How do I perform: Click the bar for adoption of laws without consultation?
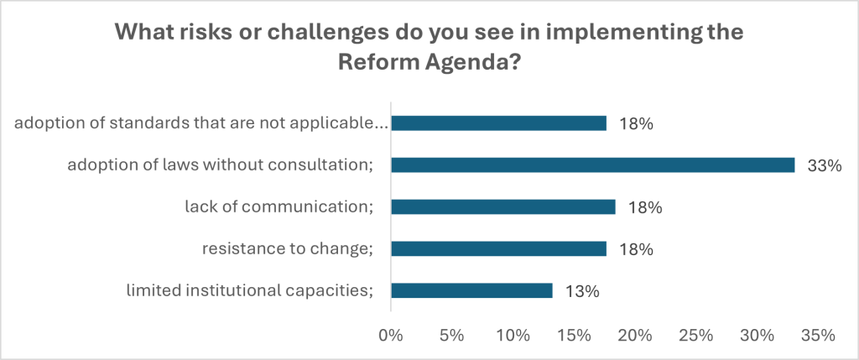tap(592, 164)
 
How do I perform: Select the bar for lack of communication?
tap(503, 206)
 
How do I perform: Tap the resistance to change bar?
tap(498, 248)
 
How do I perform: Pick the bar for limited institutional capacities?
tap(471, 290)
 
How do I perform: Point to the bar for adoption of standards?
tap(498, 123)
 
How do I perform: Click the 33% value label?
tap(825, 165)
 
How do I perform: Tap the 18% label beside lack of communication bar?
tap(647, 207)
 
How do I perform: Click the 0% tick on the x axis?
tap(391, 336)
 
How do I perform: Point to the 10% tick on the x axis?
tap(513, 336)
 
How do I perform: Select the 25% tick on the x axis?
tap(695, 336)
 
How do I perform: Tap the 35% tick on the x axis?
tap(817, 336)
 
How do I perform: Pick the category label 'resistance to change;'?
tap(287, 249)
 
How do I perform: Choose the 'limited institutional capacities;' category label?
tap(249, 291)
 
